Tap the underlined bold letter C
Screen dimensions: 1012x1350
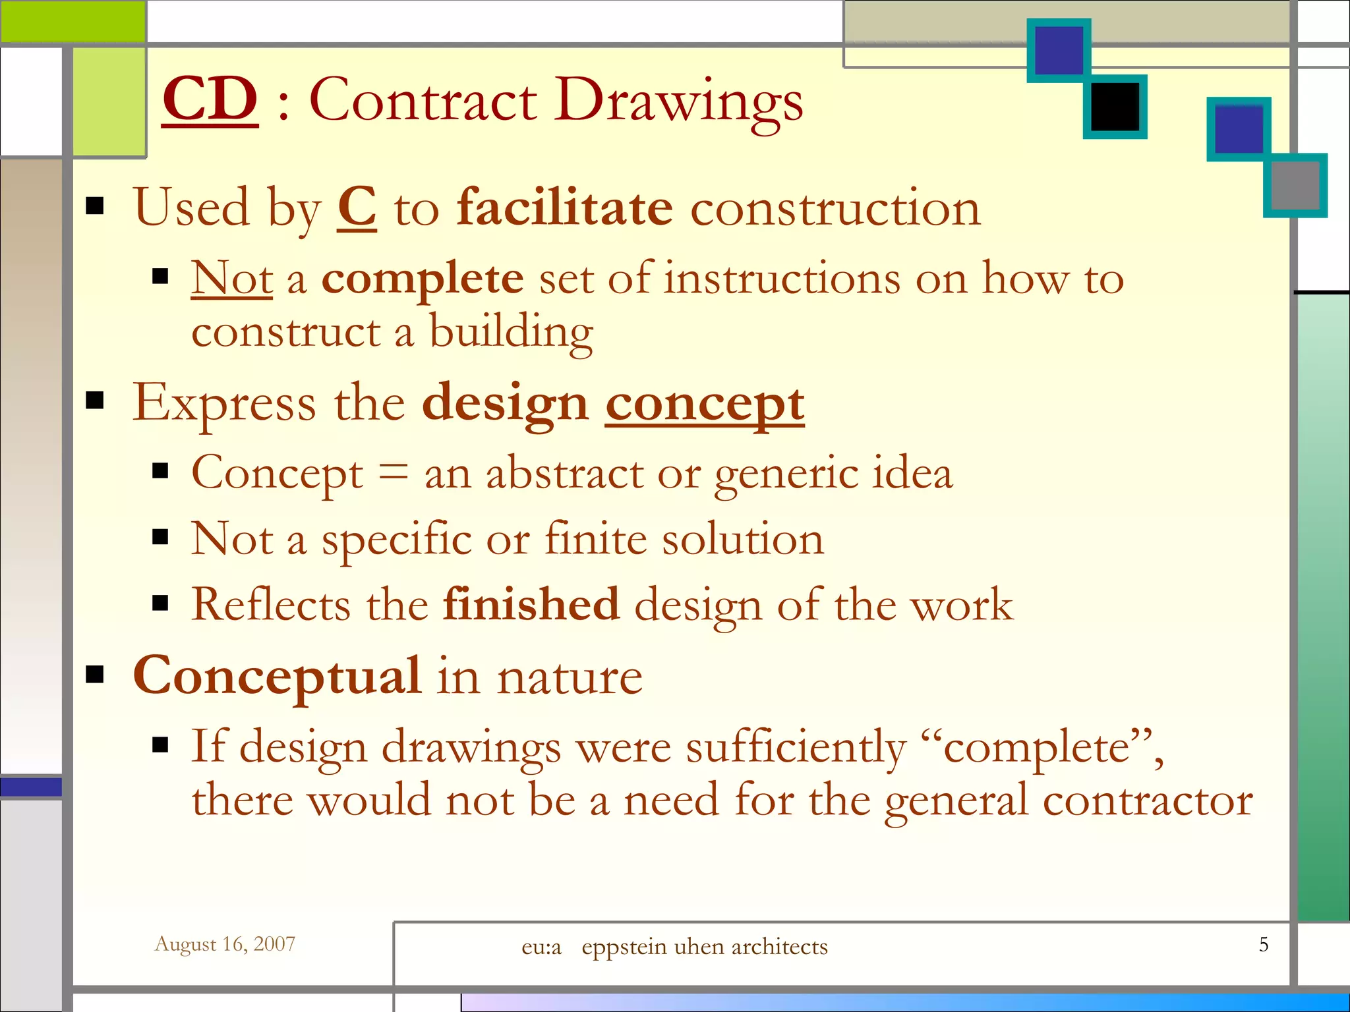pos(357,208)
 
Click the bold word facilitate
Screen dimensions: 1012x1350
pos(565,208)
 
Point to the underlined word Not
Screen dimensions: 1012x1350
pos(231,278)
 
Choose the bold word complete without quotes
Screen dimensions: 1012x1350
pos(422,279)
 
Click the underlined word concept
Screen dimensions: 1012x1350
pos(705,404)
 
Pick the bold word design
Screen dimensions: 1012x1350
pos(504,404)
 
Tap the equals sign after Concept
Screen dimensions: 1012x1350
pos(394,472)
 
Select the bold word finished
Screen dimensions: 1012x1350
pos(531,604)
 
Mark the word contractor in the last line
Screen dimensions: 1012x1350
pos(1148,801)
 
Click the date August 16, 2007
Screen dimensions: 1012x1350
pos(225,944)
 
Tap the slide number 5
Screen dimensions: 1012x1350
pos(1263,944)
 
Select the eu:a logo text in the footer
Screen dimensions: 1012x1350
pos(541,947)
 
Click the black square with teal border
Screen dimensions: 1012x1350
pos(1115,107)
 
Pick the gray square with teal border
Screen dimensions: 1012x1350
pos(1295,185)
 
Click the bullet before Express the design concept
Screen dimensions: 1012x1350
pos(96,400)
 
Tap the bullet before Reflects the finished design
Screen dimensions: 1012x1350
pos(160,603)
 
